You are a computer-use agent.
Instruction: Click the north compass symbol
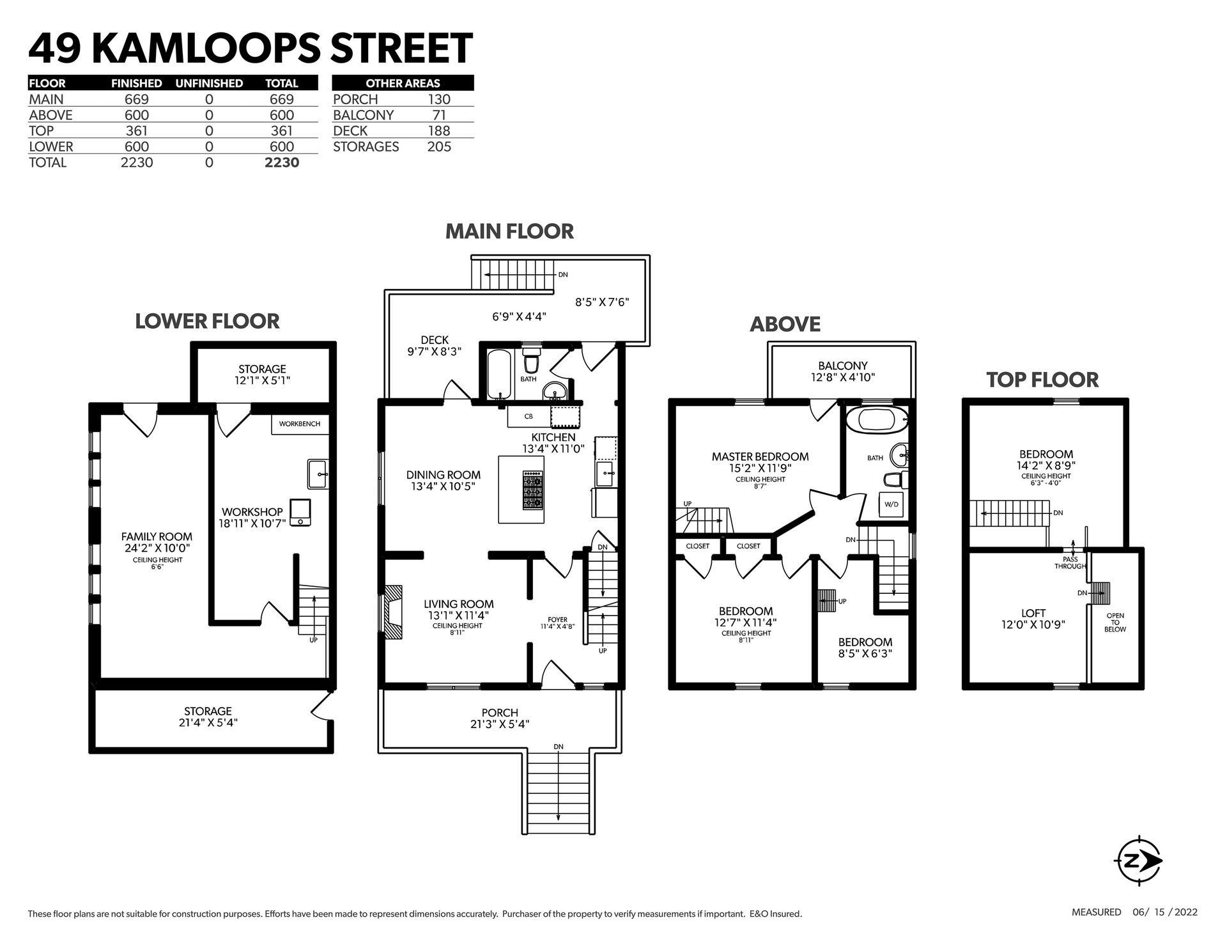coord(1139,861)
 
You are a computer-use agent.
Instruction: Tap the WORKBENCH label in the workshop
coord(300,424)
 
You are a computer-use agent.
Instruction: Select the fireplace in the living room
coord(392,612)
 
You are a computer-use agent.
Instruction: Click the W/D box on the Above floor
coord(891,504)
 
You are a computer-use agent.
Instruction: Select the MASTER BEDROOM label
coord(760,456)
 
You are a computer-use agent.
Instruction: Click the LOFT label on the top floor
coord(1033,614)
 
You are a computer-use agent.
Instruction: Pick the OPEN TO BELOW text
coord(1115,622)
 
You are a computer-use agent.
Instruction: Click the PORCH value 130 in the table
coord(439,99)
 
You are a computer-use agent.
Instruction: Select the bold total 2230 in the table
coord(282,162)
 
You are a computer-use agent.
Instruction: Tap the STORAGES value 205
coord(439,146)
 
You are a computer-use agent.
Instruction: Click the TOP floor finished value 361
coord(137,131)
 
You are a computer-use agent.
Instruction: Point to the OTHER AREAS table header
coord(403,83)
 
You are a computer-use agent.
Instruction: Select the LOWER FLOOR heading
coord(207,321)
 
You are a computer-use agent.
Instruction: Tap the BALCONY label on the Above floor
coord(843,366)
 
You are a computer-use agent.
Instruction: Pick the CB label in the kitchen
coord(529,416)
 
